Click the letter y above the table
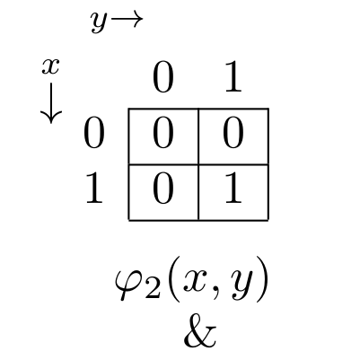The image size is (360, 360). tap(99, 22)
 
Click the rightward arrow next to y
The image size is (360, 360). tap(127, 20)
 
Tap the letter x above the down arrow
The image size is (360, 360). tap(50, 66)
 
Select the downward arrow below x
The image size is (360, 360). tap(51, 103)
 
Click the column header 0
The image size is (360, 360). tap(163, 78)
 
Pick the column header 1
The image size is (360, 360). tap(233, 78)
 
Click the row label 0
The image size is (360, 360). tap(94, 133)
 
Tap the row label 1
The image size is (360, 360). tap(94, 189)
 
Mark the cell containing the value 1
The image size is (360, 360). tap(233, 192)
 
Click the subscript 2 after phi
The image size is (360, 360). tap(152, 289)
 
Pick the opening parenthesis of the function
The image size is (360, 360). tap(172, 279)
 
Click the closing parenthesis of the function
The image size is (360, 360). tap(261, 279)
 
